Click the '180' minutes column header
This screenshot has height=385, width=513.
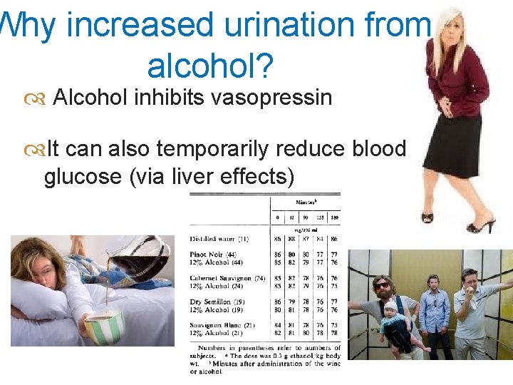[334, 217]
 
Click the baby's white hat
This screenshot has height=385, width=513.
[390, 307]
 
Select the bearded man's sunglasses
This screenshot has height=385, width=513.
[382, 286]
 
